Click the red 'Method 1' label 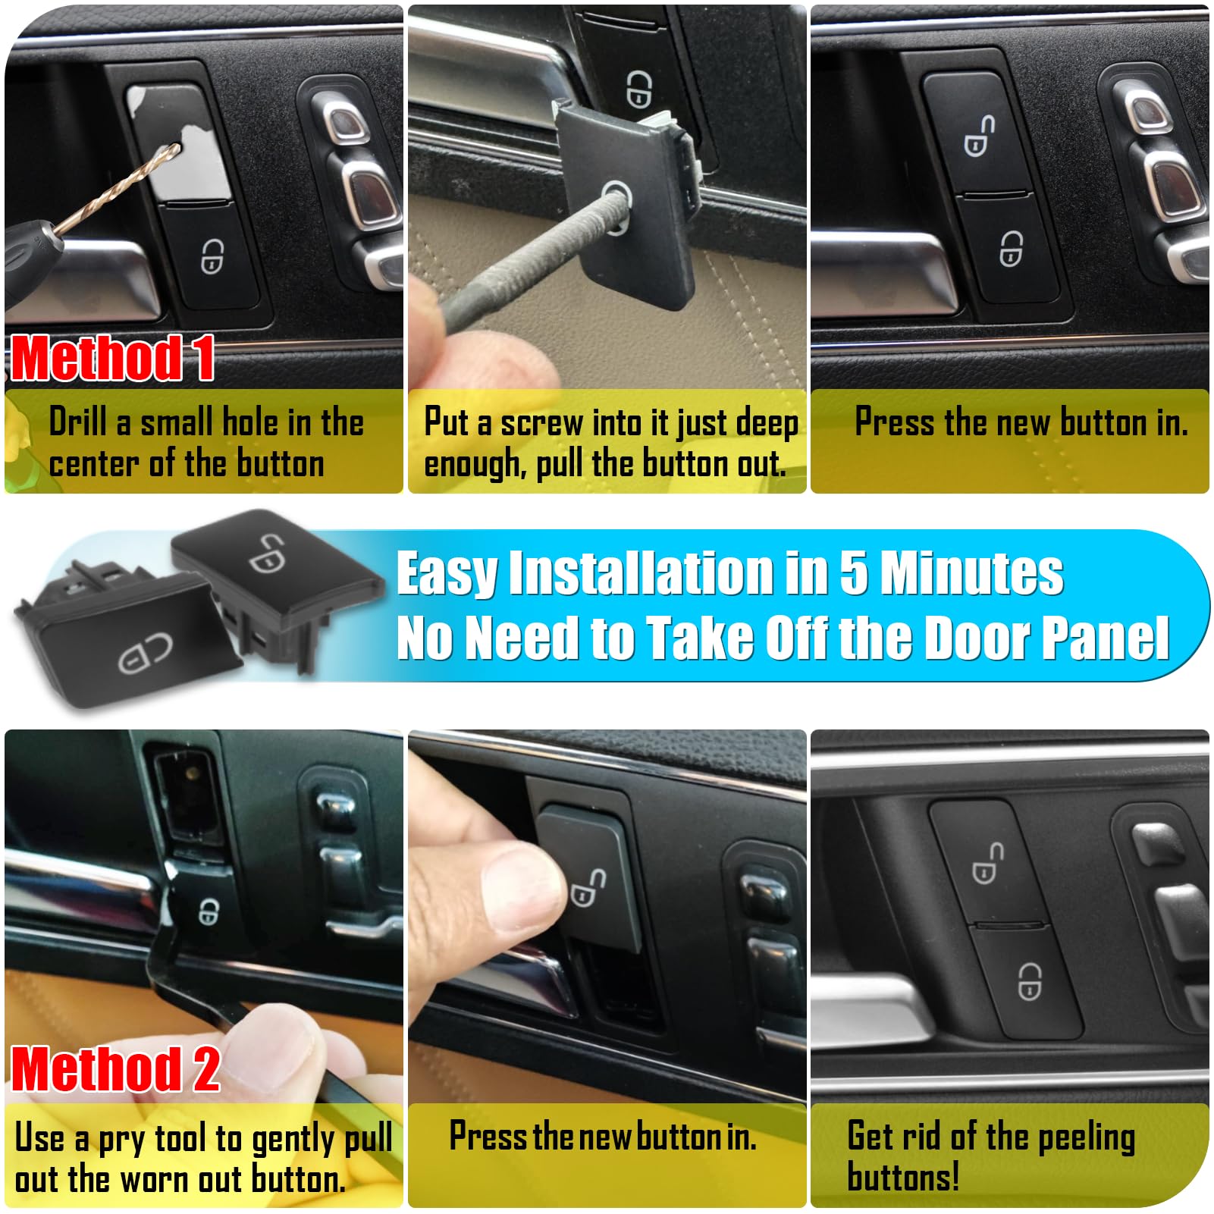pos(112,358)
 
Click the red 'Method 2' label pos(115,1068)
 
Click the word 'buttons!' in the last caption pos(903,1177)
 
